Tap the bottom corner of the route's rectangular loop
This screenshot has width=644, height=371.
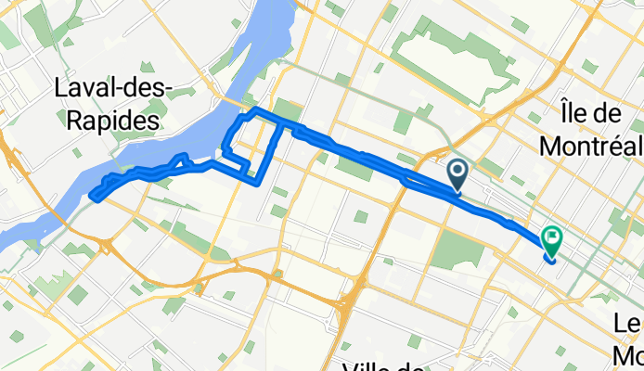click(257, 183)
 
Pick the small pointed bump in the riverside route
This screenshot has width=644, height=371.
click(187, 157)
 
